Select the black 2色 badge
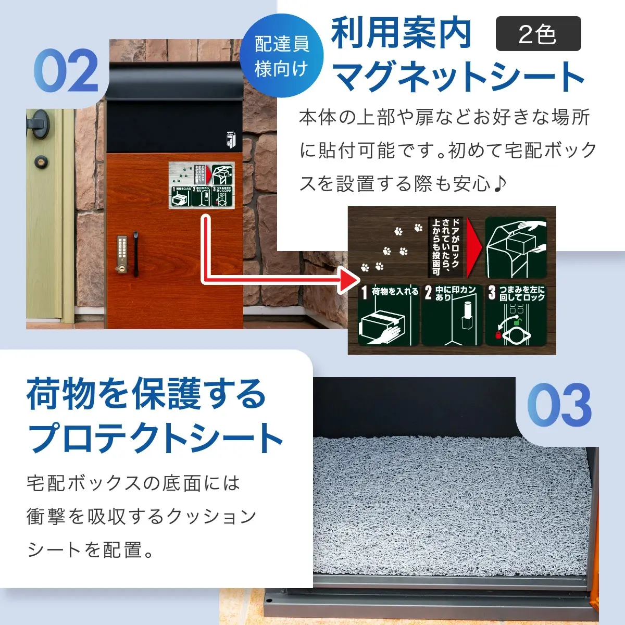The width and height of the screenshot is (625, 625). (538, 34)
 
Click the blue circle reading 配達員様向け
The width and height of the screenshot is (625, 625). (282, 56)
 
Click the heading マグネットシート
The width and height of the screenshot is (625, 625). (458, 77)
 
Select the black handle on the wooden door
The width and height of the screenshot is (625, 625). (136, 254)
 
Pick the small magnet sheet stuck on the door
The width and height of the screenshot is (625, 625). (202, 184)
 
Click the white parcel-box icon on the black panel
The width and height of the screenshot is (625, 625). (230, 140)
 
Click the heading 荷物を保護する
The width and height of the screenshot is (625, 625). (146, 394)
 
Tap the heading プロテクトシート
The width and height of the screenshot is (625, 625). (155, 438)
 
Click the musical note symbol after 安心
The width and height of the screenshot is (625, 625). (499, 183)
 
